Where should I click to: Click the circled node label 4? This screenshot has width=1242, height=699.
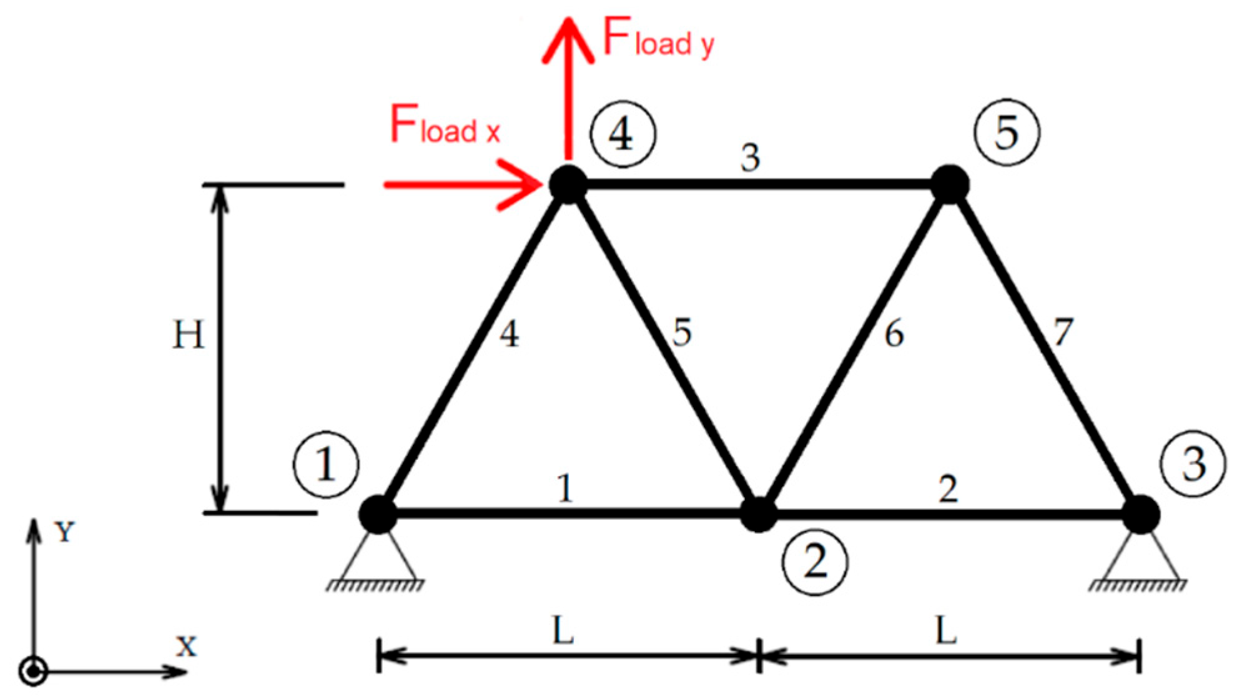pyautogui.click(x=623, y=134)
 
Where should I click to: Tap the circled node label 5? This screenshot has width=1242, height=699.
pyautogui.click(x=1007, y=132)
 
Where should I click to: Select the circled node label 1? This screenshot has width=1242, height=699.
pyautogui.click(x=325, y=464)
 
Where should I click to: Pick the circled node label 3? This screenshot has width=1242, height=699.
pyautogui.click(x=1193, y=464)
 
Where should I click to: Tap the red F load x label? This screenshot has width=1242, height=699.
pyautogui.click(x=445, y=125)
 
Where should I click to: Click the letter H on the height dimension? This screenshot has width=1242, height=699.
pyautogui.click(x=188, y=335)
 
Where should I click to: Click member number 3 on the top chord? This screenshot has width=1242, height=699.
pyautogui.click(x=750, y=157)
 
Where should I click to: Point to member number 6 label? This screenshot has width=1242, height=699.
pyautogui.click(x=894, y=334)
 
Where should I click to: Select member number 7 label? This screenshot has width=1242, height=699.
pyautogui.click(x=1063, y=332)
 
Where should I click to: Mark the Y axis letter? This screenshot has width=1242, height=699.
pyautogui.click(x=64, y=532)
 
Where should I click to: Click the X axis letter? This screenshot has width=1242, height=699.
pyautogui.click(x=186, y=647)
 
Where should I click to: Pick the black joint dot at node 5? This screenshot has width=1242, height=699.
pyautogui.click(x=949, y=184)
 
